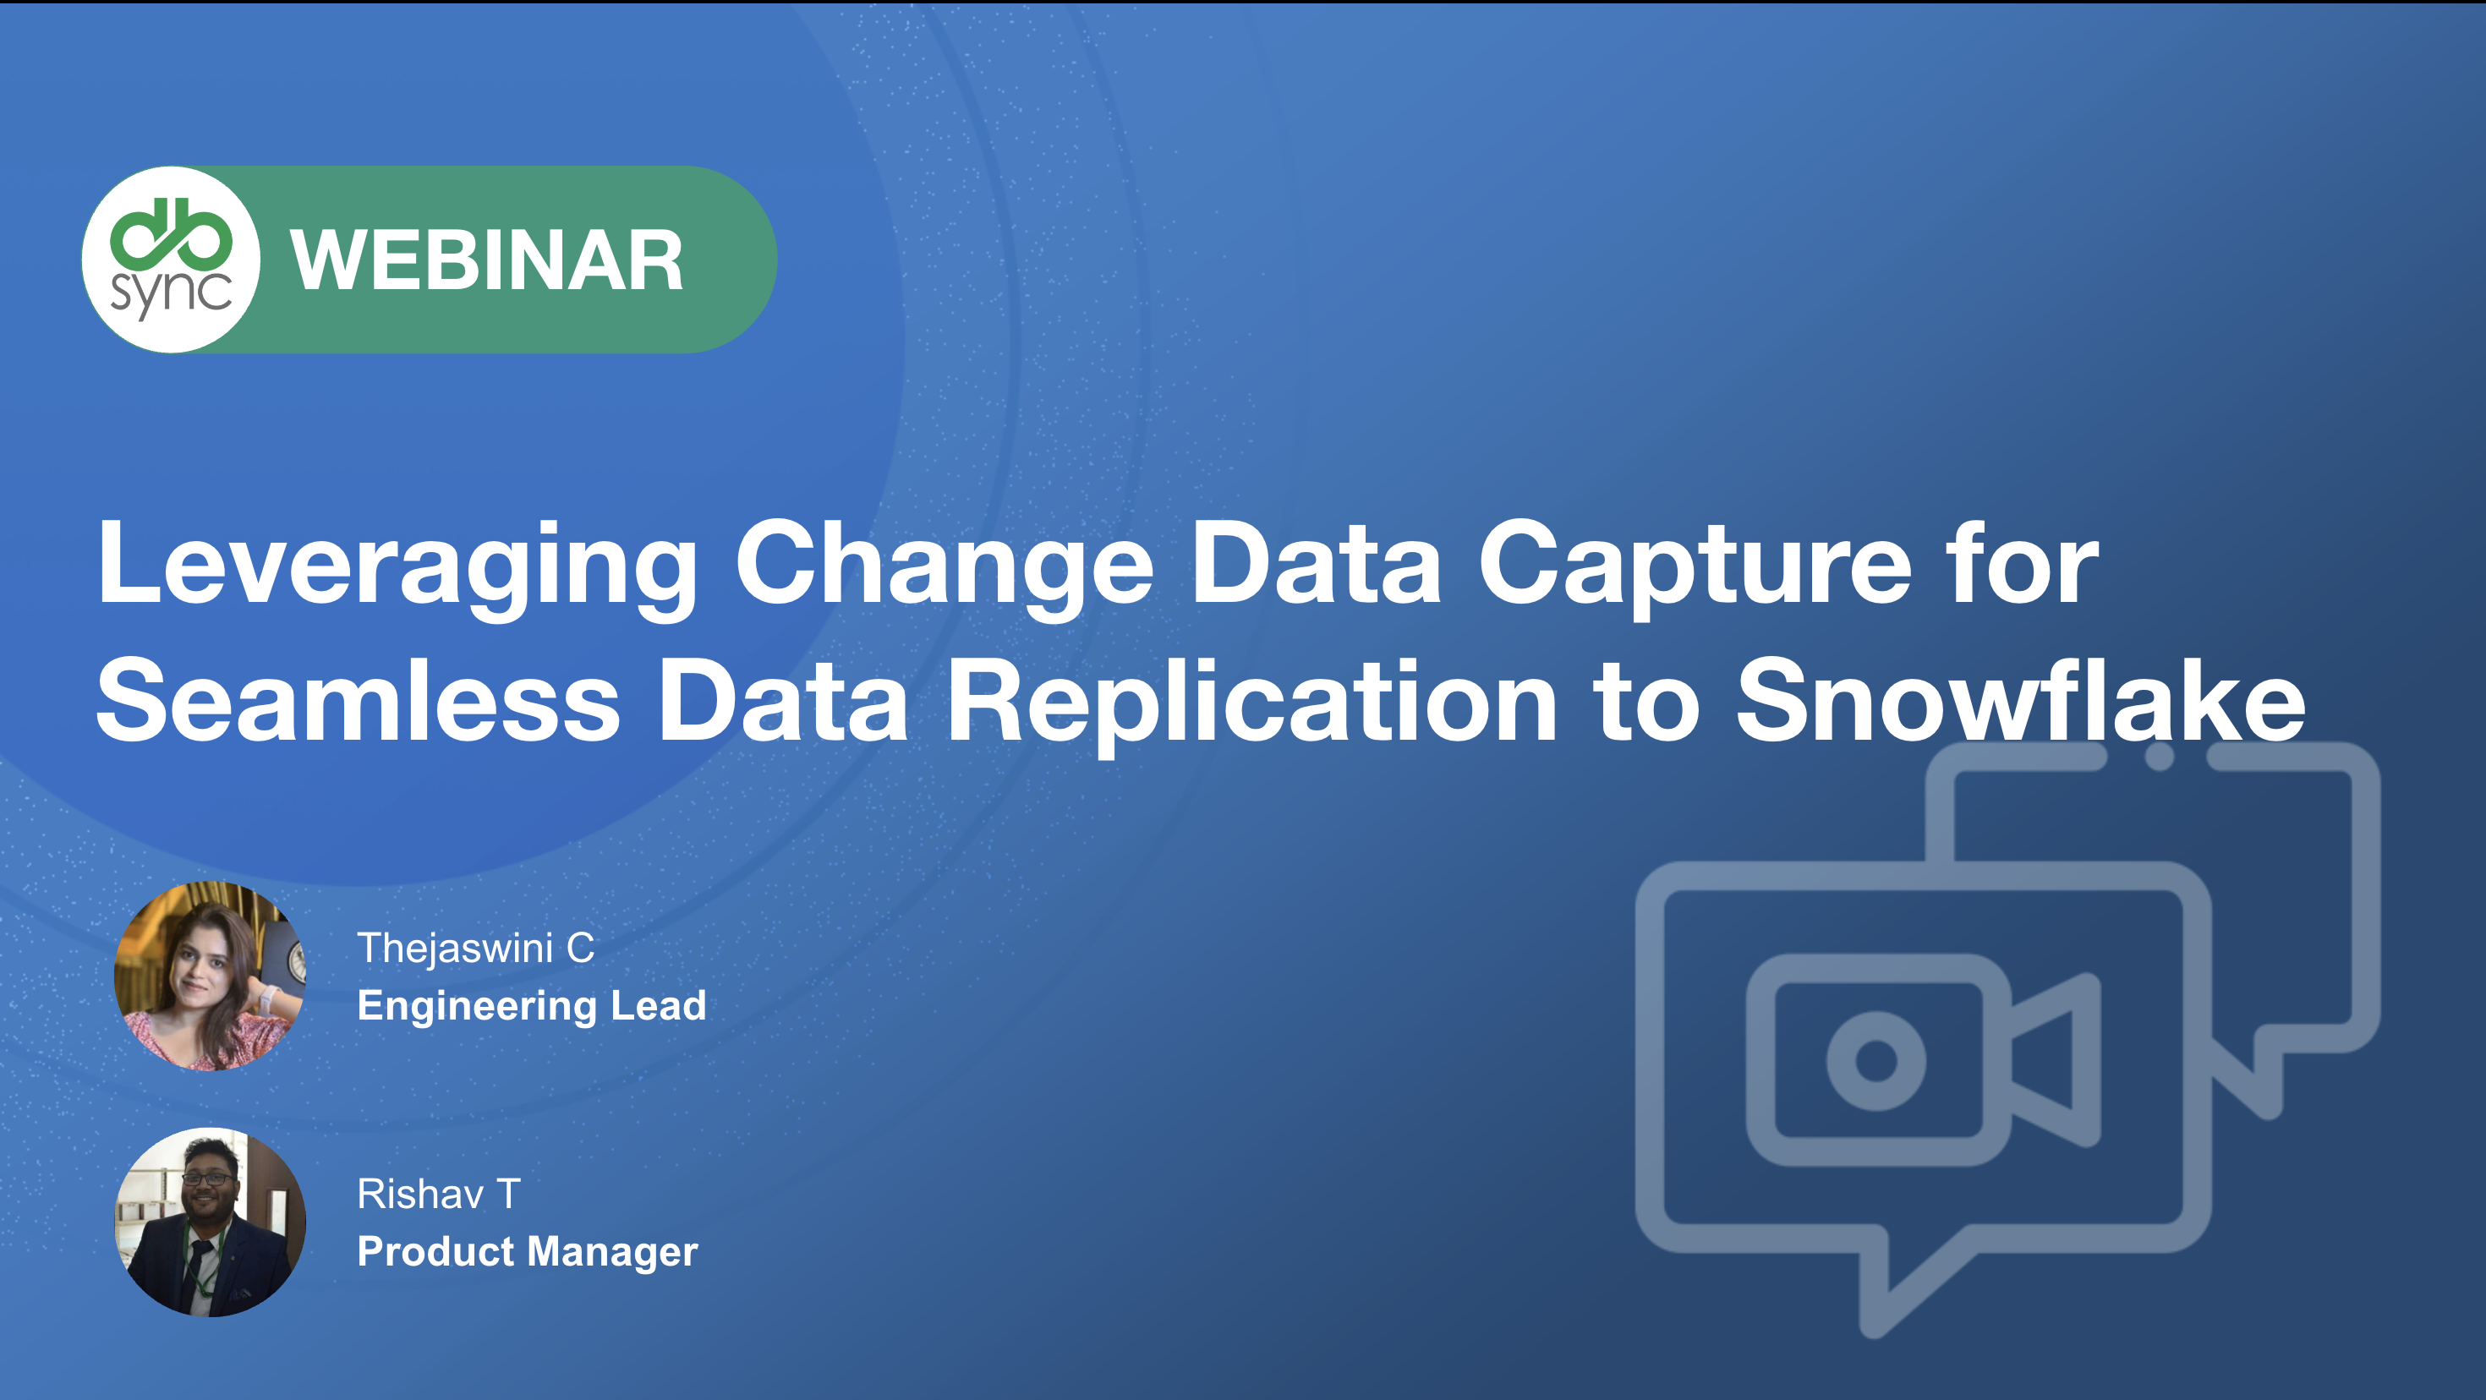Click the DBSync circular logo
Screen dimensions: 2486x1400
pyautogui.click(x=171, y=260)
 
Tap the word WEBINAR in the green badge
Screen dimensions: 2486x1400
pyautogui.click(x=487, y=260)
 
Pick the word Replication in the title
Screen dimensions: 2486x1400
pyautogui.click(x=1251, y=703)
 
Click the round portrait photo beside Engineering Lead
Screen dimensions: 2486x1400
pyautogui.click(x=211, y=976)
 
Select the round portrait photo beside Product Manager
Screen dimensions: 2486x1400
pyautogui.click(x=211, y=1222)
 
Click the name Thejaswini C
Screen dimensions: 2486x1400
pyautogui.click(x=476, y=949)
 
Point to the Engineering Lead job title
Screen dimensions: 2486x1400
pyautogui.click(x=532, y=1006)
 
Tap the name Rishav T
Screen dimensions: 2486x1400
pyautogui.click(x=439, y=1195)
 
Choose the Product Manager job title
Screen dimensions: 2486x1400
pyautogui.click(x=528, y=1252)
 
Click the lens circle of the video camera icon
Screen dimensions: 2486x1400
pyautogui.click(x=1876, y=1060)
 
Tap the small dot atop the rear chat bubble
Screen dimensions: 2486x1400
pyautogui.click(x=2160, y=757)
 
